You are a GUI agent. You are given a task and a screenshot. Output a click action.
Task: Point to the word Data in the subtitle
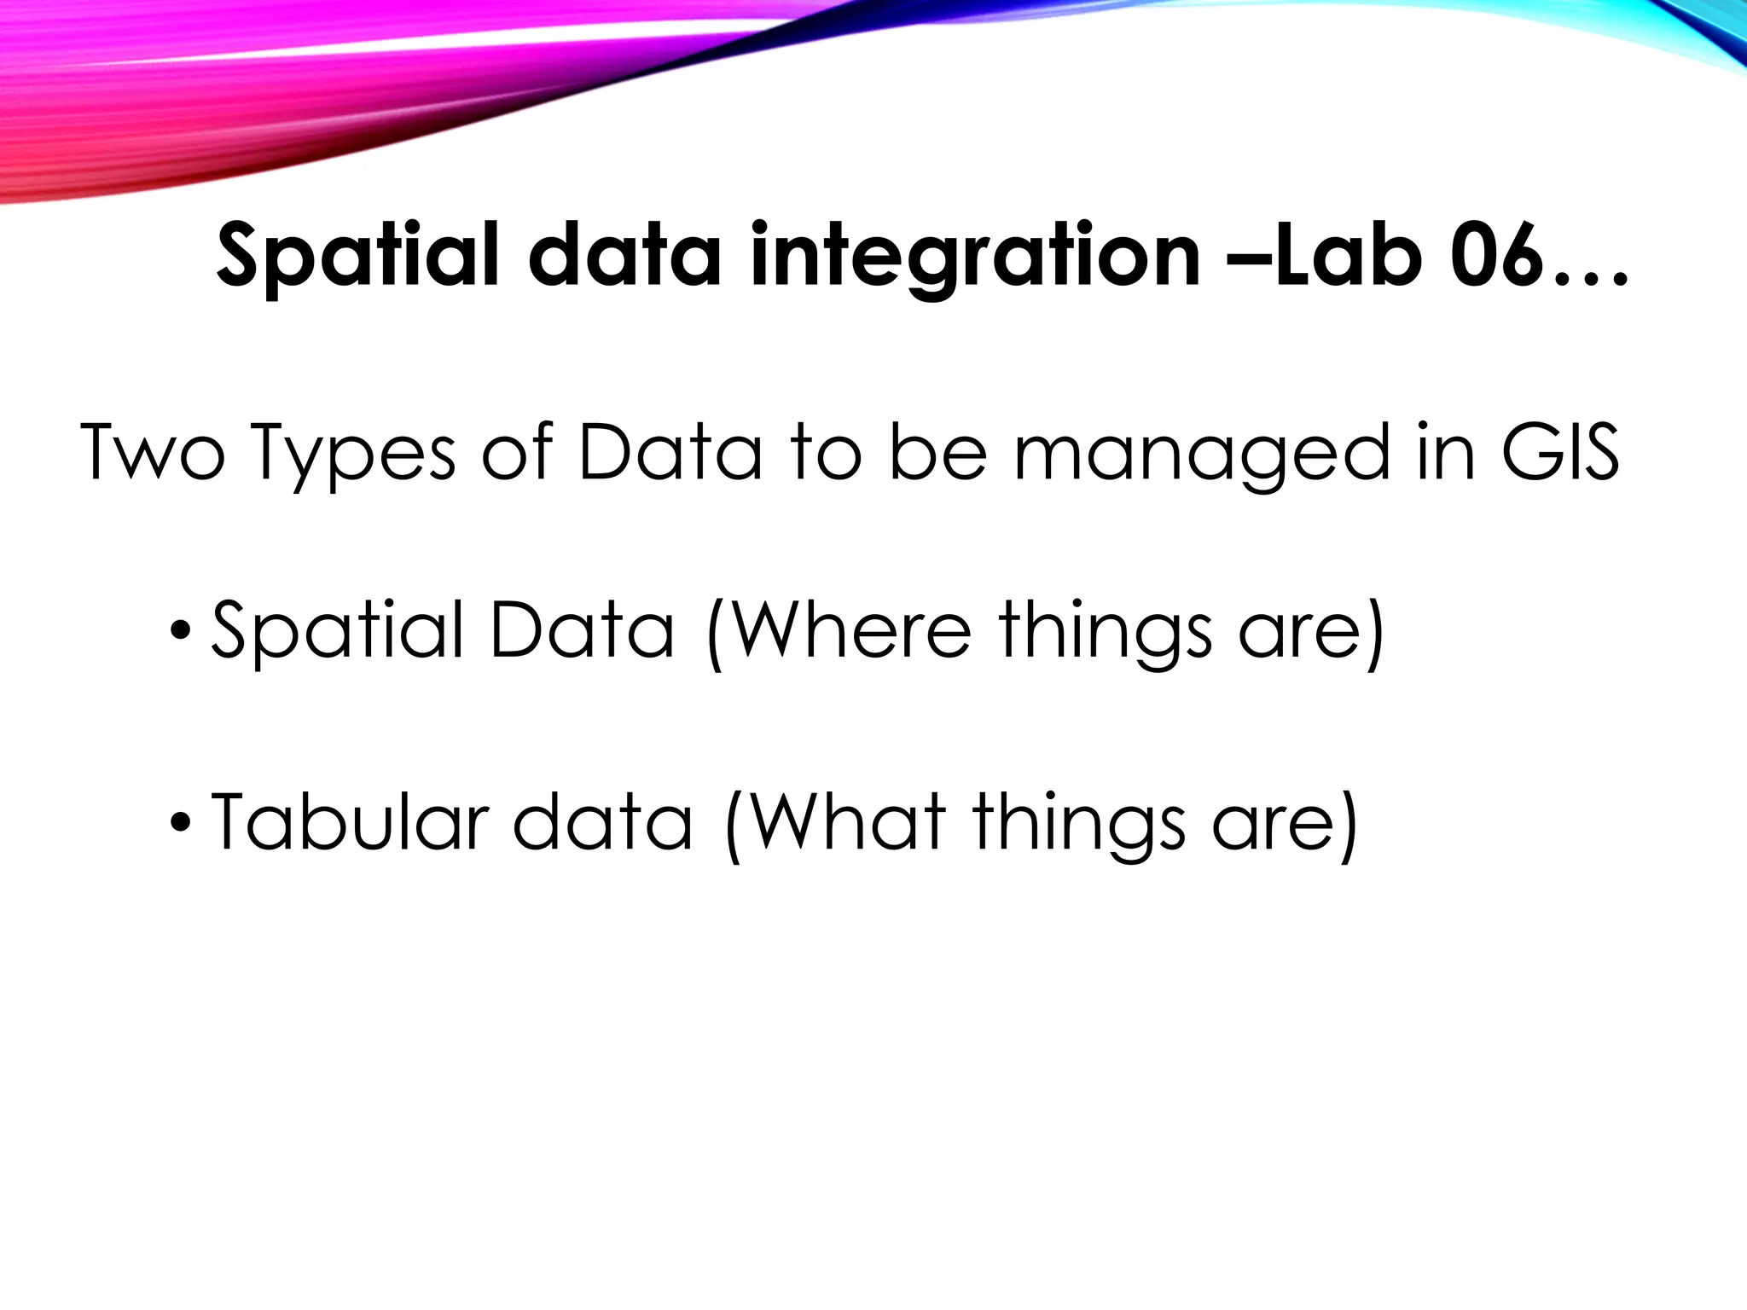point(669,453)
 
